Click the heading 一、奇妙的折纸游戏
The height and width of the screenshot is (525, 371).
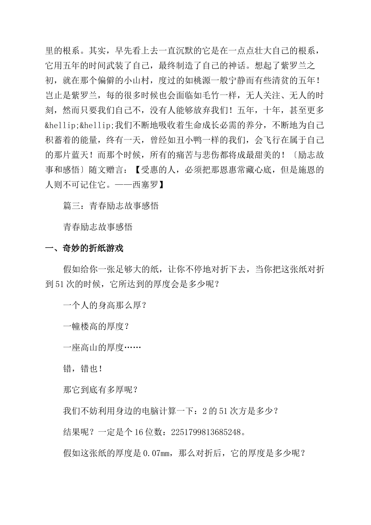(x=84, y=248)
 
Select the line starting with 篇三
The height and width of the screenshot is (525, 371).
(x=111, y=206)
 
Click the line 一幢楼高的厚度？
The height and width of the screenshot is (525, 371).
(x=96, y=326)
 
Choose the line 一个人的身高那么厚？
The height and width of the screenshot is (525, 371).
(x=104, y=305)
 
